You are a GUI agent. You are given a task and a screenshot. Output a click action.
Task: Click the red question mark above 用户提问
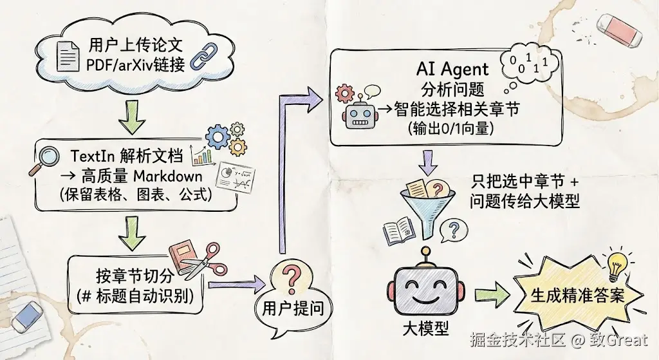pyautogui.click(x=292, y=278)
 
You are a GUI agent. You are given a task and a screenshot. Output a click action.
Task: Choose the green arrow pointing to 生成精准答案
pyautogui.click(x=490, y=296)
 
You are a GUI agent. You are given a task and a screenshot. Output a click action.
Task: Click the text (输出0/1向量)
pyautogui.click(x=450, y=129)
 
